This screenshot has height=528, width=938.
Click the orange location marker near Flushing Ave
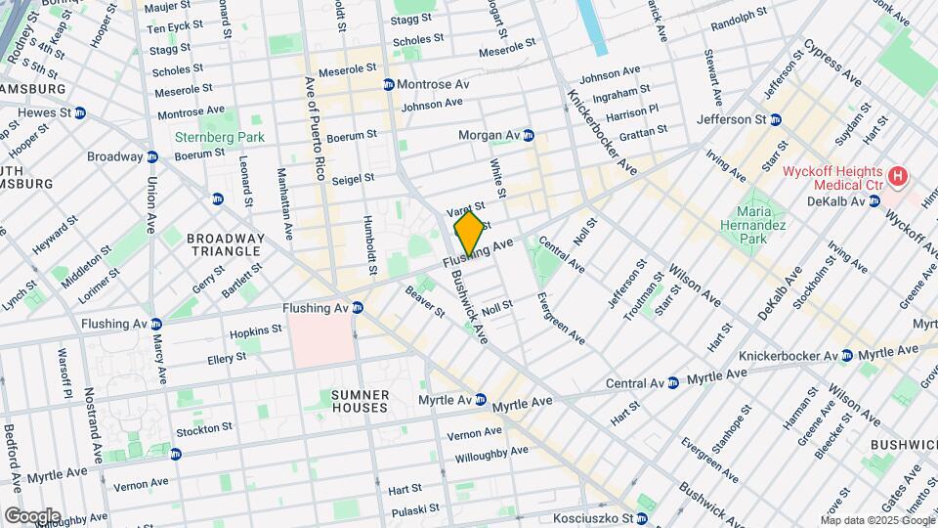469,234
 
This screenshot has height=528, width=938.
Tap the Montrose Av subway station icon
389,85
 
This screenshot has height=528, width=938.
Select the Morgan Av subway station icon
529,134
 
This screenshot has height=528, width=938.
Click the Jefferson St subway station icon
776,119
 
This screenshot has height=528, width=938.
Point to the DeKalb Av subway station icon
874,200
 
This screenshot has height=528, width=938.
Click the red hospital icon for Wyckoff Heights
897,177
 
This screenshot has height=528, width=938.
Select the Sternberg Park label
206,138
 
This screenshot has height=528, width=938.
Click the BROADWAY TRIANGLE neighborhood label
225,244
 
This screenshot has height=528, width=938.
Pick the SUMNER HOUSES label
361,401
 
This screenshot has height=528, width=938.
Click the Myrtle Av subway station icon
481,400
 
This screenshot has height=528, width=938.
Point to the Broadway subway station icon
152,156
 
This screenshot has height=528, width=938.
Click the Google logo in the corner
31,515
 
